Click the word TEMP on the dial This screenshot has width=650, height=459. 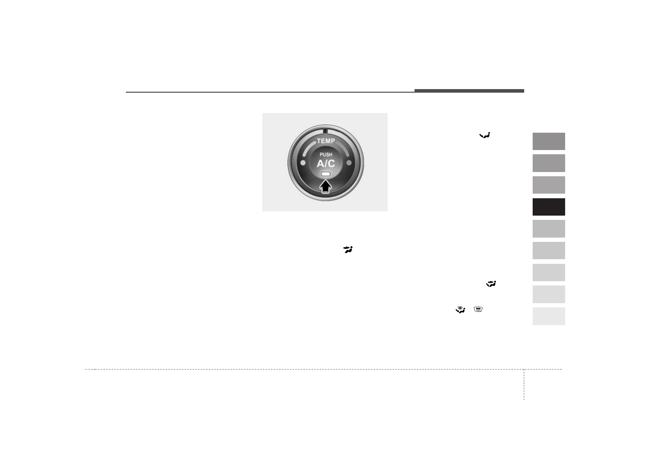point(326,141)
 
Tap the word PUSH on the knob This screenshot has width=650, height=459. point(326,155)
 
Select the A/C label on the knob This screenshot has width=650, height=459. point(326,164)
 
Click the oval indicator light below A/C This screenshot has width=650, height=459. point(326,174)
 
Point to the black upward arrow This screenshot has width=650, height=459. point(326,186)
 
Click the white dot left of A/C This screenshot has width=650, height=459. point(303,163)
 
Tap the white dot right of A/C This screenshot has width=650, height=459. point(349,163)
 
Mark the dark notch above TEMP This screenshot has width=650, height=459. point(325,131)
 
